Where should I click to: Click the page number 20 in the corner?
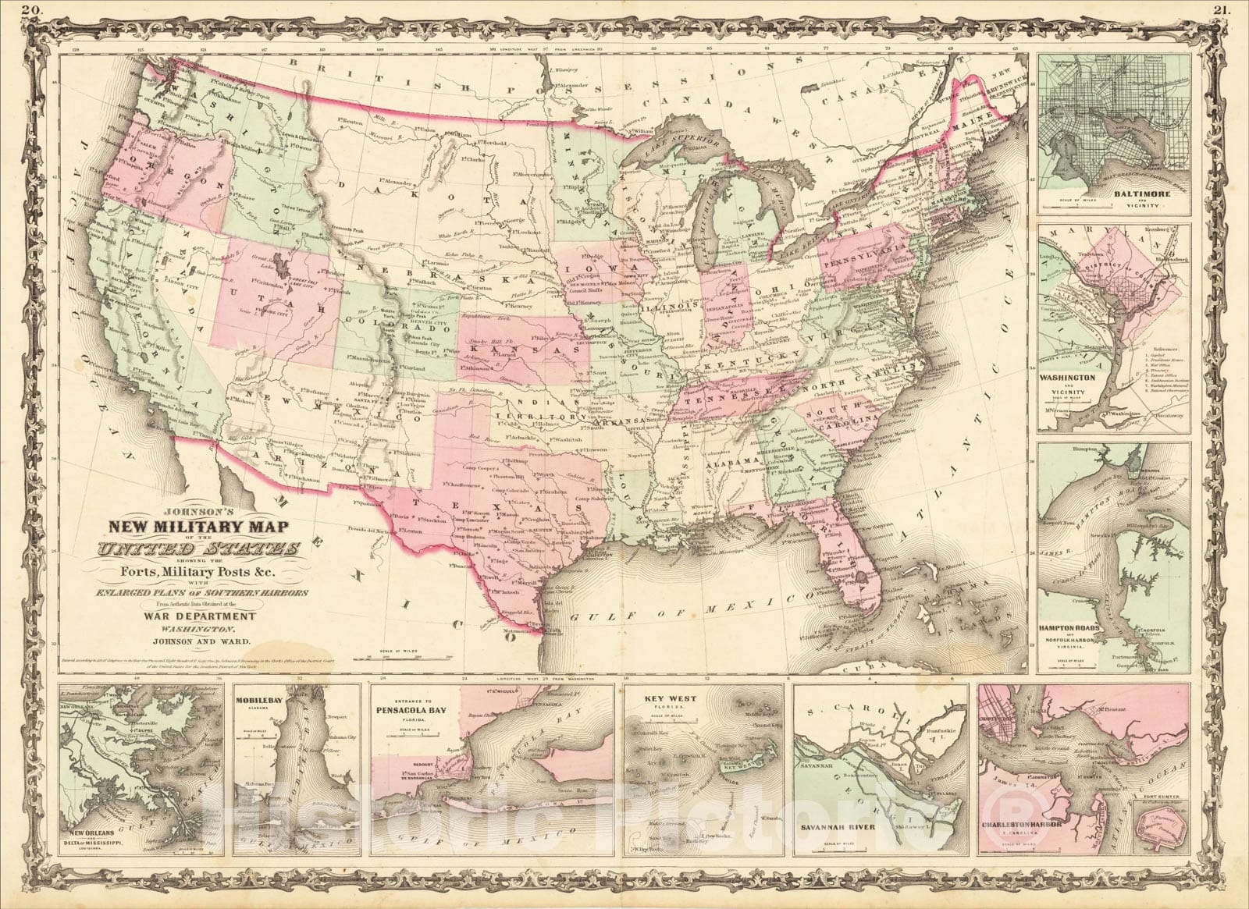pos(31,10)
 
